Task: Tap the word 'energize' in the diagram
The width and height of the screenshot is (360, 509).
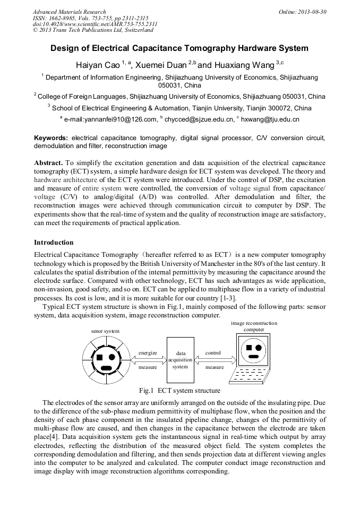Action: click(148, 352)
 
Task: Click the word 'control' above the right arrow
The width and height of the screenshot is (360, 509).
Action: click(213, 352)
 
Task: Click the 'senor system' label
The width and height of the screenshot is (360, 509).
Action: click(105, 331)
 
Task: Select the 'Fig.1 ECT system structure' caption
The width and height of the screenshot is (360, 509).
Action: click(179, 391)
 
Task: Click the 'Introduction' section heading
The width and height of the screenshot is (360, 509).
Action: click(54, 243)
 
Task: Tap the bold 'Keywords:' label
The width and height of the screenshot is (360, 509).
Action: click(51, 137)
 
